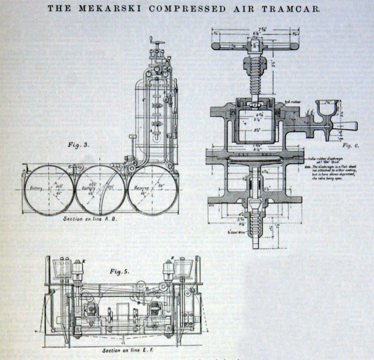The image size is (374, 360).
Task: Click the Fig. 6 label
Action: click(x=350, y=145)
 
